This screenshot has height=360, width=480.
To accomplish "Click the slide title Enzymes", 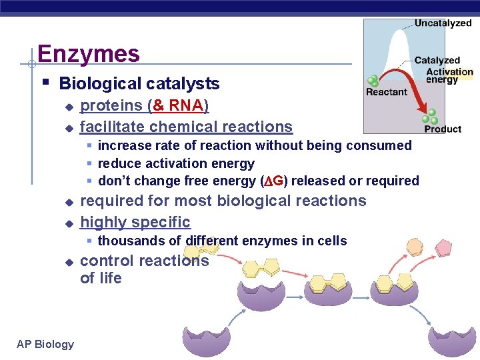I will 89,53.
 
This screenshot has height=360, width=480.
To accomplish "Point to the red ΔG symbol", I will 273,181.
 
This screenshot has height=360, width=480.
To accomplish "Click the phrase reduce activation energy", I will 176,163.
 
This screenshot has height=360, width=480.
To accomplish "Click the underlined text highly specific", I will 135,222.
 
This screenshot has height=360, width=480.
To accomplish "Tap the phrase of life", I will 101,279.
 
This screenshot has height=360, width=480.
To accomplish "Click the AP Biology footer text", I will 46,344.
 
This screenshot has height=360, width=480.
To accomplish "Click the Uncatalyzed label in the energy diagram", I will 443,23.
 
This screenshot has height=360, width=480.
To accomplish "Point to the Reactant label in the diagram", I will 387,93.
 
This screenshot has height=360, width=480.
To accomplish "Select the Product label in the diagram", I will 443,129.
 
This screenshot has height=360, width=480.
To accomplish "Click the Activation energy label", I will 449,76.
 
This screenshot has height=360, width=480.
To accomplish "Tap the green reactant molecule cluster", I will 374,81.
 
